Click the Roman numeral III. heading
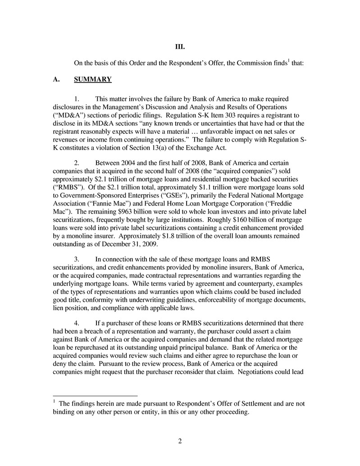pyautogui.click(x=180, y=47)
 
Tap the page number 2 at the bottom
pyautogui.click(x=180, y=441)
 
